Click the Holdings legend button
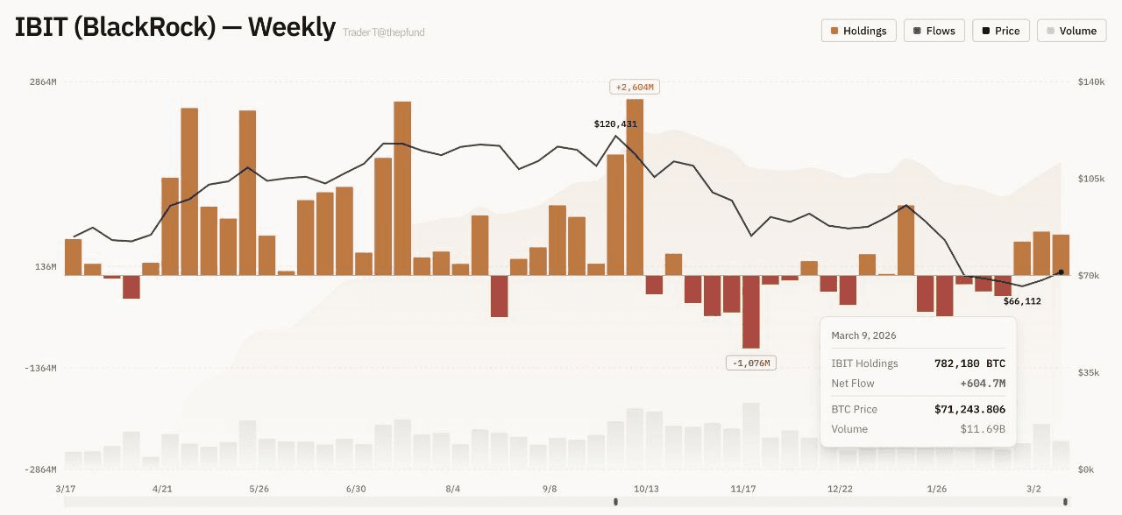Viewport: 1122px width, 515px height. [x=858, y=31]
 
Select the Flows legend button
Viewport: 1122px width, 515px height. [x=934, y=31]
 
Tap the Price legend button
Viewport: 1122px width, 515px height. [x=1000, y=31]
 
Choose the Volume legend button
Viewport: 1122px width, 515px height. [x=1071, y=31]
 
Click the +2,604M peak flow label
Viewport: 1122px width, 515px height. [x=635, y=88]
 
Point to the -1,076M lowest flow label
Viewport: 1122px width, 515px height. [x=751, y=363]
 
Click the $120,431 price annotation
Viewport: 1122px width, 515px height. [x=615, y=124]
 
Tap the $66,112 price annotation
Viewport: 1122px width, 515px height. [x=1022, y=301]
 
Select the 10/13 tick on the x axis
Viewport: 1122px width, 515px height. [x=646, y=489]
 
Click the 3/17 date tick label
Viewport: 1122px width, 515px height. [x=66, y=489]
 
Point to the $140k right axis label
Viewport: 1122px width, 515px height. [x=1091, y=81]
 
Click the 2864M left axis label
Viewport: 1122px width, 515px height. [x=42, y=81]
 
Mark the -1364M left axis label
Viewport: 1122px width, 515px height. [x=39, y=368]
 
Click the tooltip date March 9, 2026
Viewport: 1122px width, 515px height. [x=863, y=335]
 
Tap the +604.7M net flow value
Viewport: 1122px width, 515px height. [x=983, y=384]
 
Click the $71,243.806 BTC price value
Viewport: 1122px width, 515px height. [x=969, y=409]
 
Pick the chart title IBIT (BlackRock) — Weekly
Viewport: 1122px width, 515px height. [x=175, y=28]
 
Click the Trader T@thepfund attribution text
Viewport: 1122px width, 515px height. [x=384, y=32]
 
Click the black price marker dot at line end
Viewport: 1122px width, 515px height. [x=1061, y=272]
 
